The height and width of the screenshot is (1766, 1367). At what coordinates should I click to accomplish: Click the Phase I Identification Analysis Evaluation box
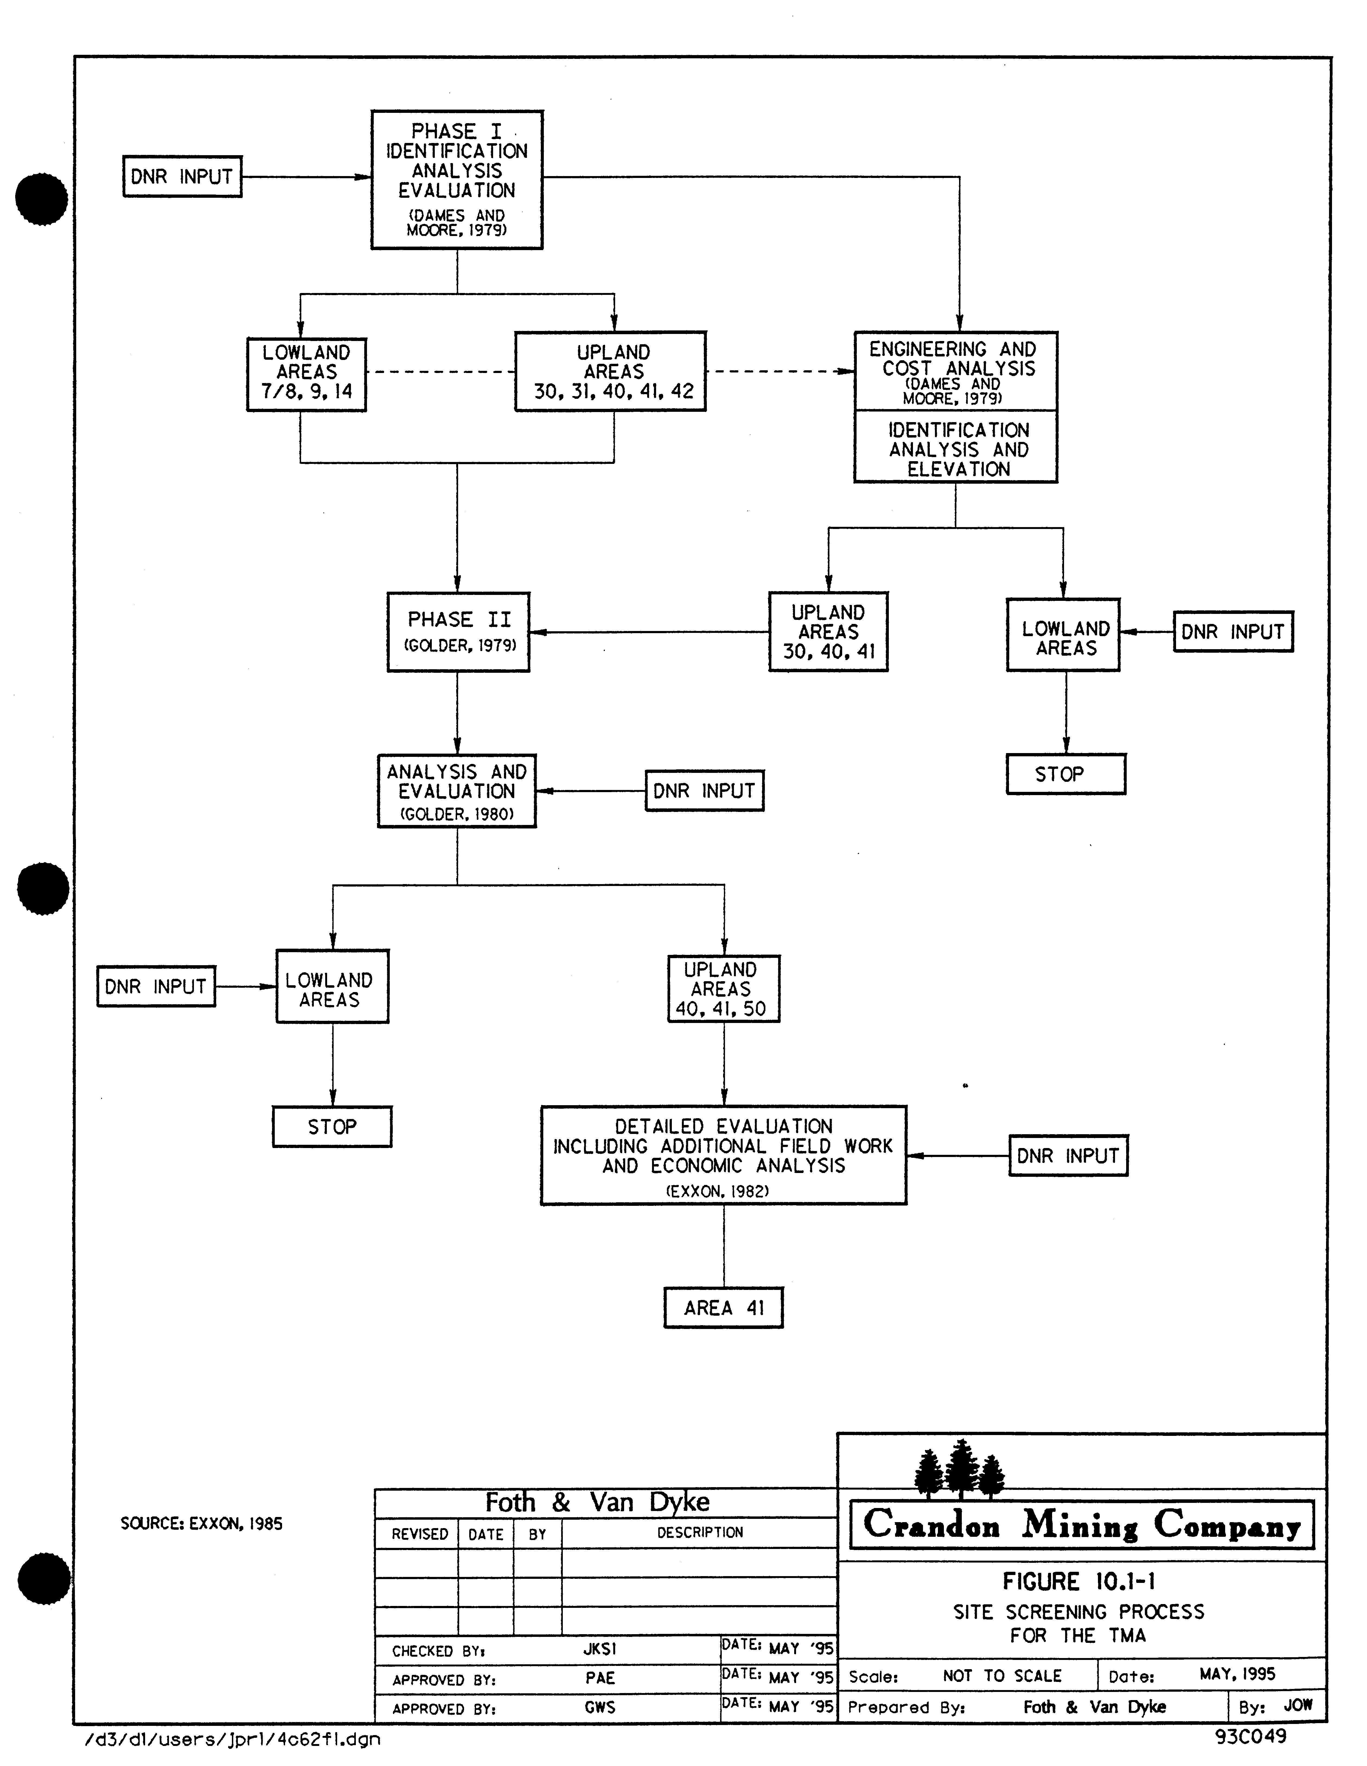pos(457,180)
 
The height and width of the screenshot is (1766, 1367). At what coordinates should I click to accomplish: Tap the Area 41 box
pos(724,1308)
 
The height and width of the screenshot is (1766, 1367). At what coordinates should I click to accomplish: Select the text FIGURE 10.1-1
pos(1078,1581)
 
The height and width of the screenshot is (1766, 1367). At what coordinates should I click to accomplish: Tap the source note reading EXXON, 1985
pos(201,1523)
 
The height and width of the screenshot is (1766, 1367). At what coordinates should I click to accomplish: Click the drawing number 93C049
pos(1250,1735)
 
